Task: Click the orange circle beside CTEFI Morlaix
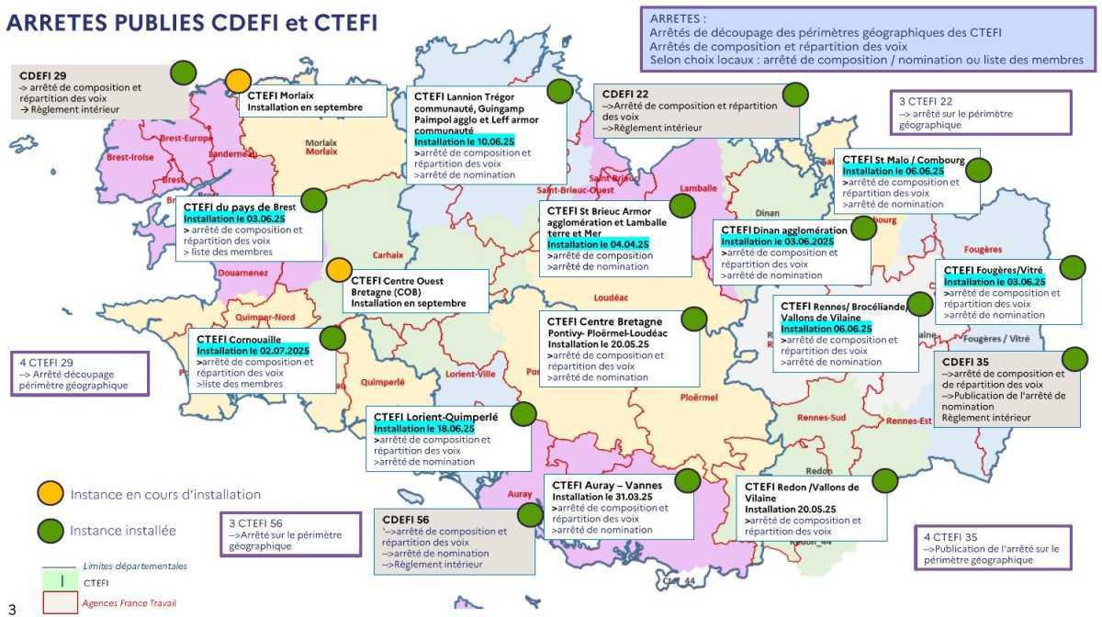(239, 81)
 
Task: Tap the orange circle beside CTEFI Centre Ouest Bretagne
(339, 270)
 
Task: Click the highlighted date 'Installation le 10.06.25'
(464, 143)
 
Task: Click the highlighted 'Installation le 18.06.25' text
(423, 429)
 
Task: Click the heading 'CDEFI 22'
(625, 94)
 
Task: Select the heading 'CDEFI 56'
(405, 520)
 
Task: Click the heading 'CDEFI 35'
(965, 363)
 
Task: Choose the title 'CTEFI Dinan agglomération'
(784, 230)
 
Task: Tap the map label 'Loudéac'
(610, 298)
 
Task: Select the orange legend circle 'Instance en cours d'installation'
(50, 494)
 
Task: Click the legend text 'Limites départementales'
(134, 567)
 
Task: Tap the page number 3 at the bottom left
(12, 607)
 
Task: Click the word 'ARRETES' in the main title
(59, 23)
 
